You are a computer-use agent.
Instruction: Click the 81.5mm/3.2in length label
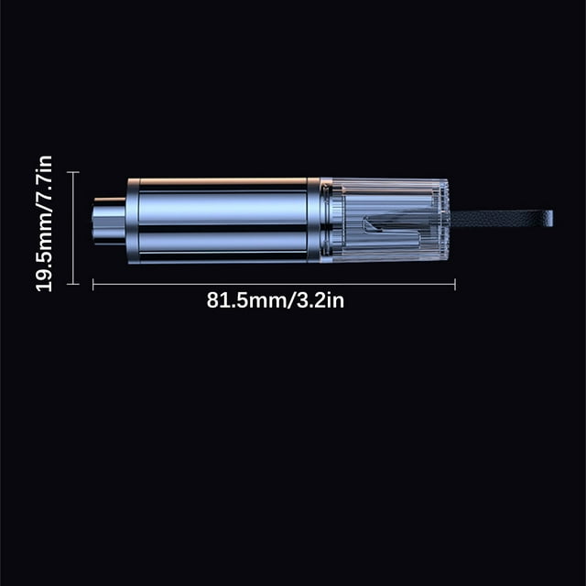pos(276,300)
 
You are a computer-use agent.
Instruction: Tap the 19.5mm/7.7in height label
pos(44,223)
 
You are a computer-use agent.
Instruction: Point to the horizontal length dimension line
pos(274,285)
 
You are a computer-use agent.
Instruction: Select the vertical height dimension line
pos(73,228)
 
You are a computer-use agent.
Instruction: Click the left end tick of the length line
pos(93,285)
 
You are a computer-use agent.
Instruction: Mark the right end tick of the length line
pos(455,285)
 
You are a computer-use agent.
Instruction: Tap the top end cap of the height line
pos(73,172)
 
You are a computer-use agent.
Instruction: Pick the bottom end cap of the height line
pos(73,284)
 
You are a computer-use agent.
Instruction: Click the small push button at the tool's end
pos(108,222)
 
